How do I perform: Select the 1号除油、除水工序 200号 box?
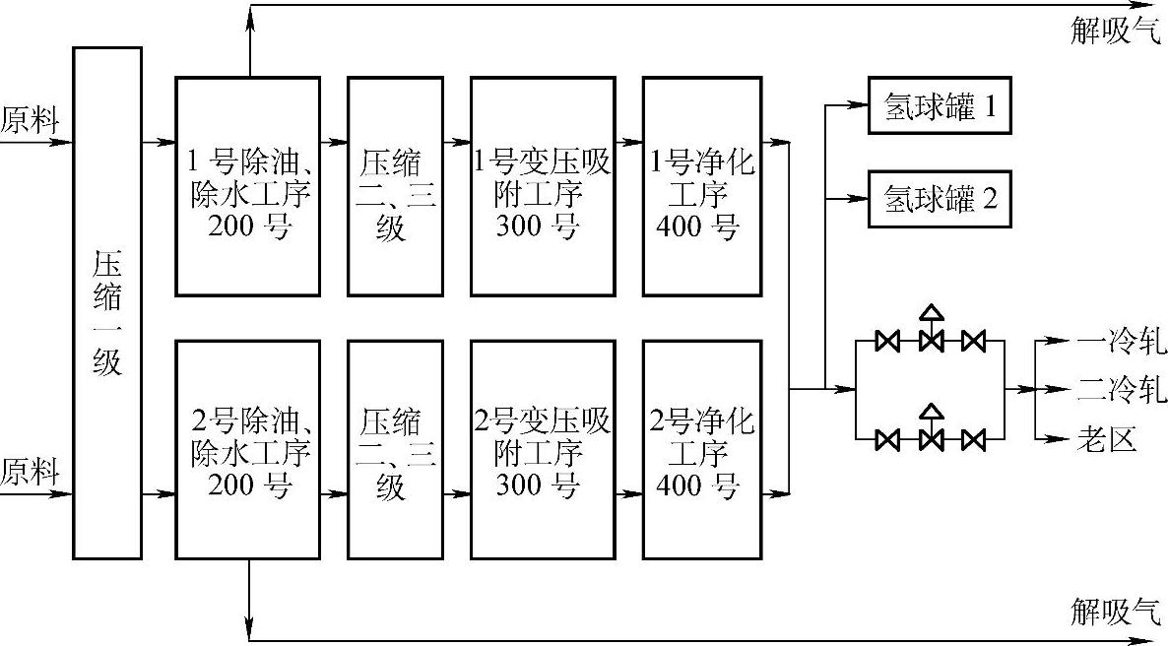point(248,186)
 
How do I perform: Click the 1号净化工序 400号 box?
point(702,186)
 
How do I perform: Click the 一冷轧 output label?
point(1121,343)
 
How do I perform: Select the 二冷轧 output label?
point(1121,390)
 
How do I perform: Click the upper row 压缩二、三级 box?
point(391,186)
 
